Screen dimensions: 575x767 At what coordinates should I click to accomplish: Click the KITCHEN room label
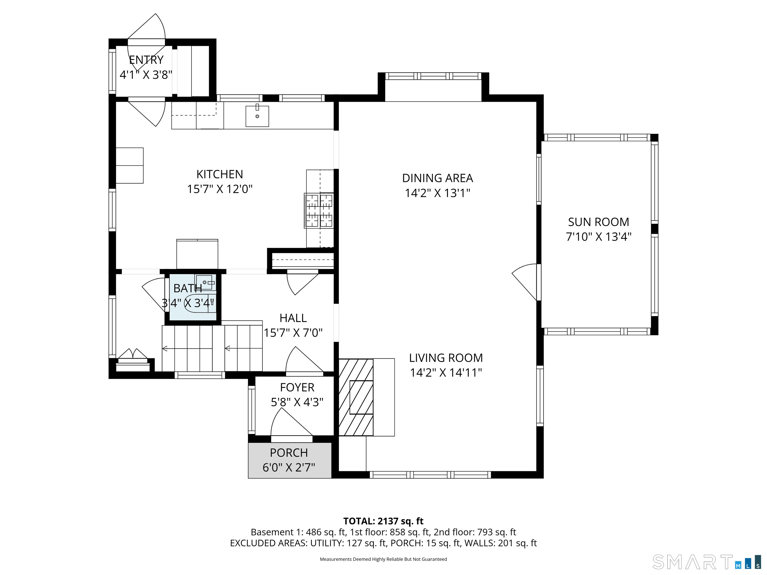[x=219, y=174]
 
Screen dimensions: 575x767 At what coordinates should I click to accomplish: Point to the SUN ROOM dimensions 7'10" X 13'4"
[x=598, y=237]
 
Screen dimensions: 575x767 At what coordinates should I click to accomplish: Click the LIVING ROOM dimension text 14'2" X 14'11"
[x=446, y=373]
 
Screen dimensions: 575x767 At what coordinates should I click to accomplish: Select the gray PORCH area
[x=290, y=460]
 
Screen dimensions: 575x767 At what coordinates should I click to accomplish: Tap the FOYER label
[x=297, y=387]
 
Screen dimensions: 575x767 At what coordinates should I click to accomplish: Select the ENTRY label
[x=146, y=60]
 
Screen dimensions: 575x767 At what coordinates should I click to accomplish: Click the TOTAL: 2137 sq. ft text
[x=383, y=521]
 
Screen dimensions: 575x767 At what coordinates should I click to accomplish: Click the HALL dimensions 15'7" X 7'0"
[x=293, y=333]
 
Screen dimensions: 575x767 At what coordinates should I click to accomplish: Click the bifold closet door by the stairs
[x=133, y=354]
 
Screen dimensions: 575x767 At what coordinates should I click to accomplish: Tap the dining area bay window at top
[x=433, y=76]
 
